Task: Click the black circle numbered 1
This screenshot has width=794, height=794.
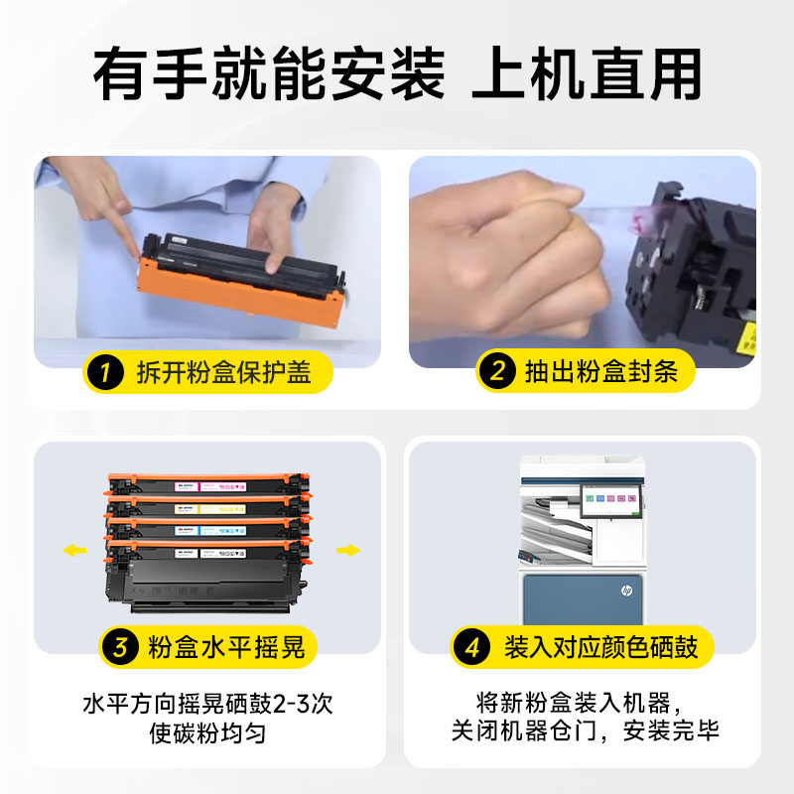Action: (105, 373)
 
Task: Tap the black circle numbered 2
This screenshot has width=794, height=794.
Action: (497, 371)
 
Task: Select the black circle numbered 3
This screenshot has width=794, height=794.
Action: (120, 647)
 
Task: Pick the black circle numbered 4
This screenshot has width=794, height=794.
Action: (472, 647)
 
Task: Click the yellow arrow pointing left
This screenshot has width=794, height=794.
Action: (74, 550)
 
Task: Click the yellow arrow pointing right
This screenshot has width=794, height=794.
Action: (348, 550)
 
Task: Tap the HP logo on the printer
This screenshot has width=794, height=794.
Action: (626, 591)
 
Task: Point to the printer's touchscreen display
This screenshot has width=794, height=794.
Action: (611, 501)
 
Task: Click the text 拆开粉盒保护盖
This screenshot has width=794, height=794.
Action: (224, 373)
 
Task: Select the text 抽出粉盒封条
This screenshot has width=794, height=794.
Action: (601, 371)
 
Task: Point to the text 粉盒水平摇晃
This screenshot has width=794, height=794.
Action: (226, 647)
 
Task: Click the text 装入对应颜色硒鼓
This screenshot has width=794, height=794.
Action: (601, 647)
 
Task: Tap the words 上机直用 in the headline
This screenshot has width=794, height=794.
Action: (587, 73)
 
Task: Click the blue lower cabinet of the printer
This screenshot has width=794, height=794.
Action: (583, 599)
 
